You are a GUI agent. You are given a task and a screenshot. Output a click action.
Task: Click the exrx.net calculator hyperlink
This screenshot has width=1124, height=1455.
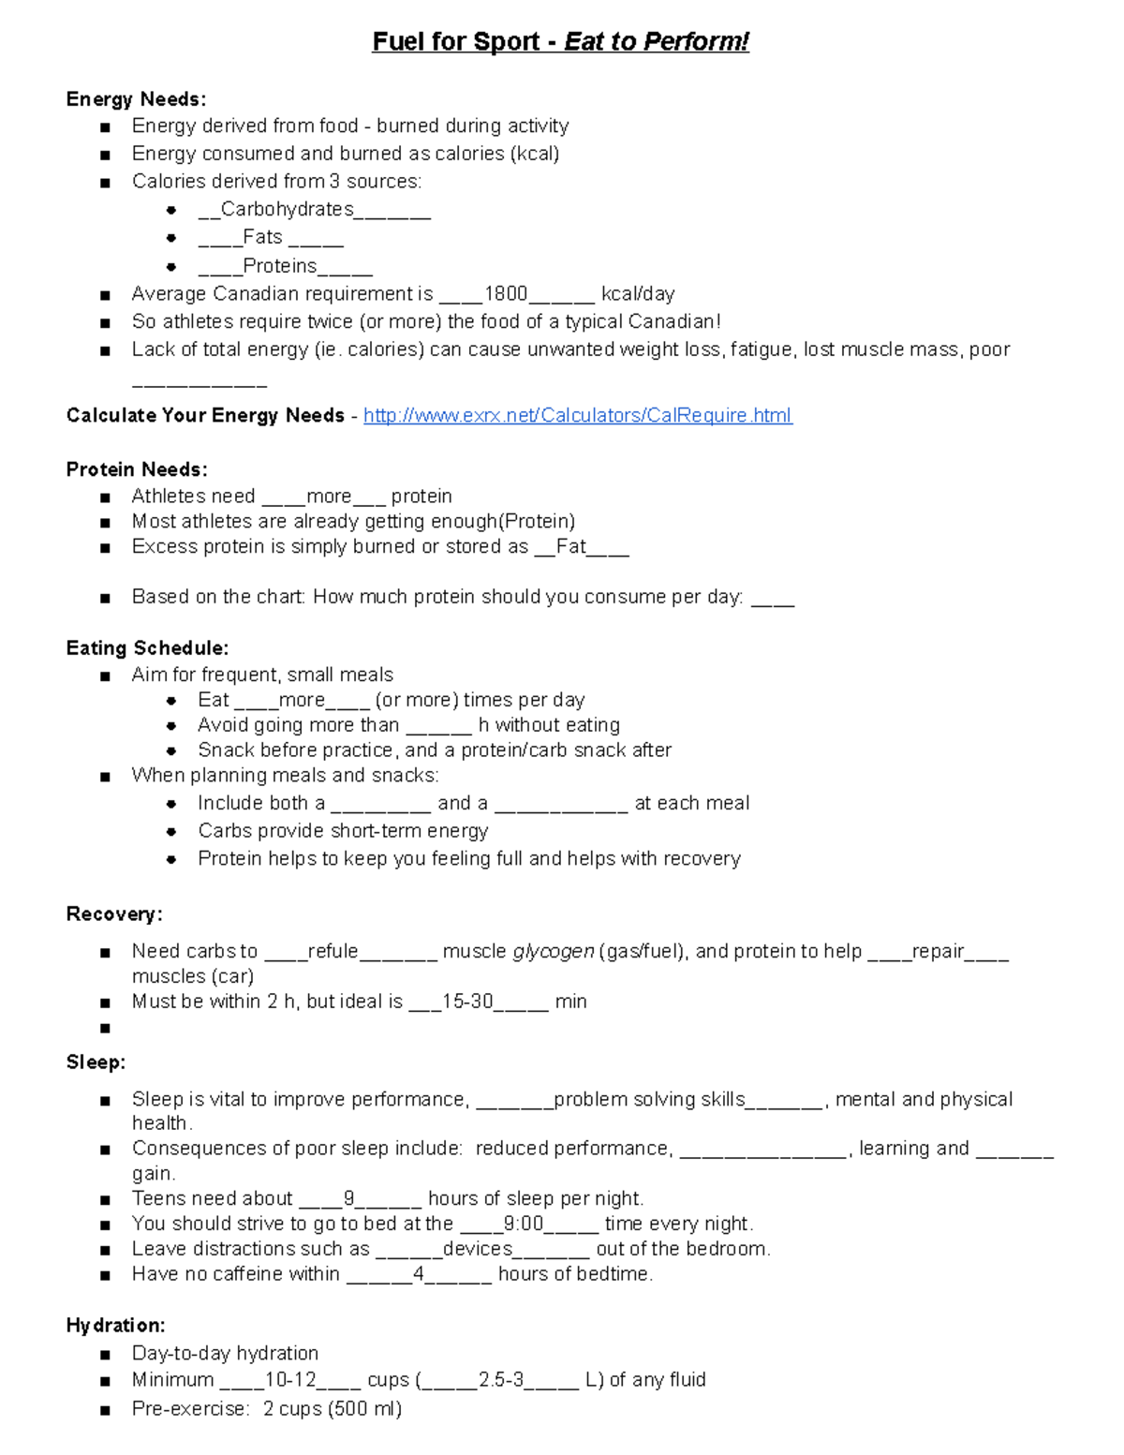coord(577,415)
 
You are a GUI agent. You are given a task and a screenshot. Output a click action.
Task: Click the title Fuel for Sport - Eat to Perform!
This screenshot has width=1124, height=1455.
coord(560,42)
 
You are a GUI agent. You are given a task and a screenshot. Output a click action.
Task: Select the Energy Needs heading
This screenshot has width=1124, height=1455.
coord(136,99)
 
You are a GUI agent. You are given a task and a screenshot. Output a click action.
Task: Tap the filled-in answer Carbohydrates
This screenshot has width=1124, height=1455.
coord(287,209)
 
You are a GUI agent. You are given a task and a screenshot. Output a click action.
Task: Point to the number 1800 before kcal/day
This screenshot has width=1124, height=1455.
coord(506,294)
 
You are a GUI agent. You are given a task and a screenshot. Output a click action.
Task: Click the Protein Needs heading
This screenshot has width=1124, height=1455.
coord(137,469)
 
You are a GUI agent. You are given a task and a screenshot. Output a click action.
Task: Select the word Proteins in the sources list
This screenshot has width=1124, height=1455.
coord(279,266)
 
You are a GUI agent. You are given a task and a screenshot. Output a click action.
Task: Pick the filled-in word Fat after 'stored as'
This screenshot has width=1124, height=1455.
coord(570,547)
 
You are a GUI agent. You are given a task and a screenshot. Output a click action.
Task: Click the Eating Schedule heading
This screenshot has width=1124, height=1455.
coord(147,648)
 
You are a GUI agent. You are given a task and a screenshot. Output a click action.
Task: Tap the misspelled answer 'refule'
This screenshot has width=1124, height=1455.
coord(333,952)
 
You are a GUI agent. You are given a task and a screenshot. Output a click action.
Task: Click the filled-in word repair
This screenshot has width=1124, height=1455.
coord(938,952)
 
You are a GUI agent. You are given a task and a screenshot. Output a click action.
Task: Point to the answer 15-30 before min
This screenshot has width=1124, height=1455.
coord(467,1002)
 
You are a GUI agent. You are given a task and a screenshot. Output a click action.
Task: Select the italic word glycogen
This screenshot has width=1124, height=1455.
coord(553,952)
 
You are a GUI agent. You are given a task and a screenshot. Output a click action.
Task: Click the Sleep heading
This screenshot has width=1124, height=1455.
coord(96,1062)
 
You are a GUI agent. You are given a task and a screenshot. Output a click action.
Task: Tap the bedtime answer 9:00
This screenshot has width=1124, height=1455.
coord(523,1224)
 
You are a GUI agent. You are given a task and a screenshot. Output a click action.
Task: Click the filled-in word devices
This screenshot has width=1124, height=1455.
coord(478,1249)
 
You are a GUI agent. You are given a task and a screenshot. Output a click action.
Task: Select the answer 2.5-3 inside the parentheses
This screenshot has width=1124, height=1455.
coord(501,1380)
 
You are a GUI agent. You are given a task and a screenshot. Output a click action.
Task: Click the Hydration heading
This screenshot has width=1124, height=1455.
coord(115,1326)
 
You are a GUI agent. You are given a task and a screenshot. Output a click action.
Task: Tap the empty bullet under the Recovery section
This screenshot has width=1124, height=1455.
coord(104,1029)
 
